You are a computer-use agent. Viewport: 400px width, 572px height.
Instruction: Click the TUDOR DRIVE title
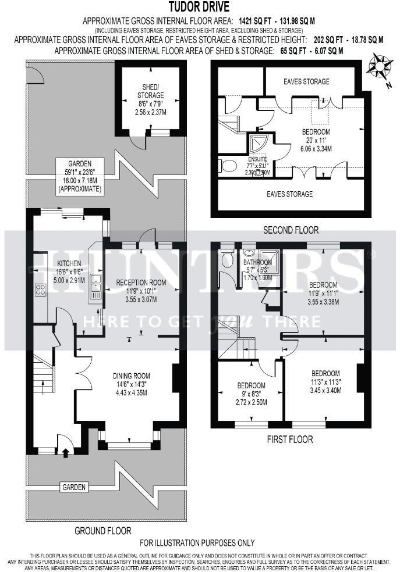click(199, 7)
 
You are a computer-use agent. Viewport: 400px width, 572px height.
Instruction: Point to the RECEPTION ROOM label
click(141, 283)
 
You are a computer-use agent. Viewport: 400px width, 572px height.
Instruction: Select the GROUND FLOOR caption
click(102, 531)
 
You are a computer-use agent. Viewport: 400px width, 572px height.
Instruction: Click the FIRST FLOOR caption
click(290, 439)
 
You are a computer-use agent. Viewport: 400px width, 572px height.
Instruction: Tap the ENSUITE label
click(257, 159)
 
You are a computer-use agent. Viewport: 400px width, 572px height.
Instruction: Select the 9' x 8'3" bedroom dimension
click(250, 394)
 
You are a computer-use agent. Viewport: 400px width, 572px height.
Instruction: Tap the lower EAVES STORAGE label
click(290, 194)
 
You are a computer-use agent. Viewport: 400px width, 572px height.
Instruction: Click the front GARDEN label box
click(74, 487)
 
